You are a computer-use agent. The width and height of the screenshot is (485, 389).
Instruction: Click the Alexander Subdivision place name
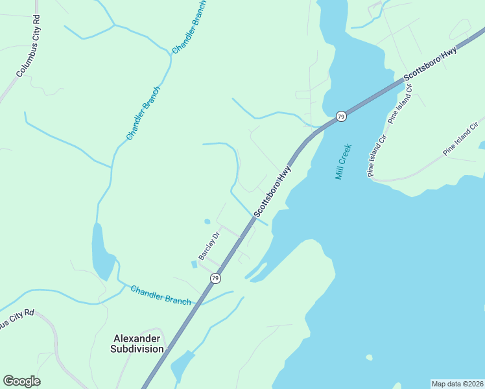[x=139, y=344]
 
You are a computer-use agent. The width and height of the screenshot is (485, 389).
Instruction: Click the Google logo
[x=21, y=381]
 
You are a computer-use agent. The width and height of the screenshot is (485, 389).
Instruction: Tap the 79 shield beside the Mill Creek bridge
[x=341, y=117]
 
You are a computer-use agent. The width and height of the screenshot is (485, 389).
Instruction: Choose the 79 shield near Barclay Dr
[x=215, y=278]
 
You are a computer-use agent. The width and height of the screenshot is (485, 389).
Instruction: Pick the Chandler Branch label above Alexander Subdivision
[x=161, y=295]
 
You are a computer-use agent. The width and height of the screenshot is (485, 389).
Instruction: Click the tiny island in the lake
[x=369, y=357]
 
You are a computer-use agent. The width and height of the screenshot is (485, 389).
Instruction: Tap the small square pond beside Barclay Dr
[x=194, y=264]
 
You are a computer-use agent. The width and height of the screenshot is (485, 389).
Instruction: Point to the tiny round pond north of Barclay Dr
[x=207, y=222]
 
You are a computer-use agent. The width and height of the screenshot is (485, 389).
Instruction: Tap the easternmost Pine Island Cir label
[x=464, y=138]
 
